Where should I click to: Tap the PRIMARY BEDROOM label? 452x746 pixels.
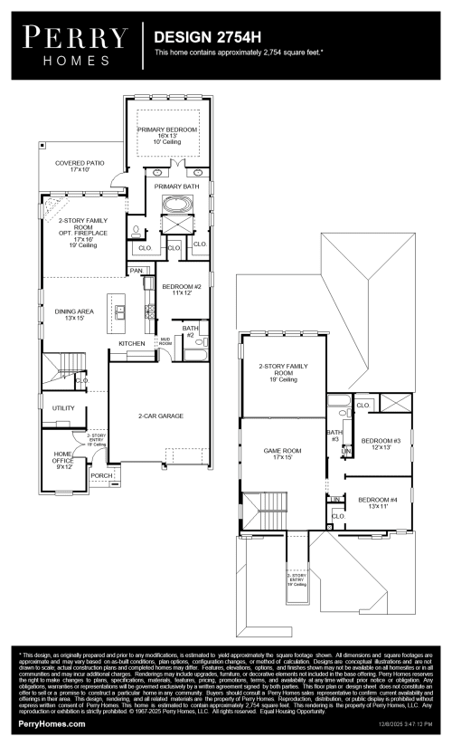click(x=167, y=130)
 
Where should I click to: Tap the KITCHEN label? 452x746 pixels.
click(x=132, y=344)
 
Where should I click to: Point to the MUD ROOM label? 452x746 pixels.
click(x=165, y=343)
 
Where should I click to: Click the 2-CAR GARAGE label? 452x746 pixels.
click(x=161, y=416)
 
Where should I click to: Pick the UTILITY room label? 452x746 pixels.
click(x=63, y=408)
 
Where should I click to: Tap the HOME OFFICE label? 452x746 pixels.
click(x=63, y=456)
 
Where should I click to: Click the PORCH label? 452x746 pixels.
click(x=101, y=474)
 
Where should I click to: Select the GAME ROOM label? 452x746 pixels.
click(x=278, y=449)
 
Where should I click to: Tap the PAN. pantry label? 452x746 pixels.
click(x=137, y=270)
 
